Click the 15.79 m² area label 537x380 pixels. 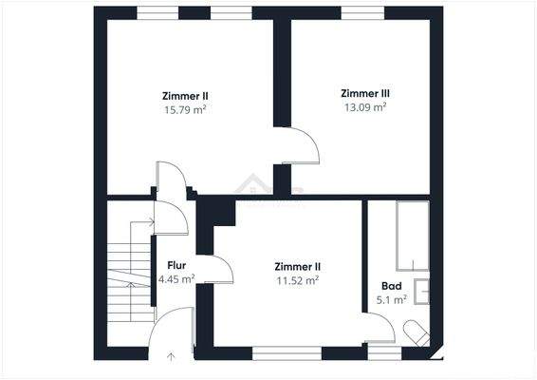tap(185, 109)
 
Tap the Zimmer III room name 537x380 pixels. tap(365, 93)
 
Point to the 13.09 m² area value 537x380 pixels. tap(365, 107)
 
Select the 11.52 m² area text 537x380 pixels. tap(297, 280)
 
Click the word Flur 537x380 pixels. tap(176, 265)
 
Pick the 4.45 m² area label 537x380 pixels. tap(176, 279)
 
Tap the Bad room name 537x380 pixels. tap(391, 285)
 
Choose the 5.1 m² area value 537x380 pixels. tap(392, 299)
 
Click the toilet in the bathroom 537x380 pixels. tap(417, 333)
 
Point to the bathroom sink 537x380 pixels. tap(421, 292)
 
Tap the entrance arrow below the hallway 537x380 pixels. tap(171, 358)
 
